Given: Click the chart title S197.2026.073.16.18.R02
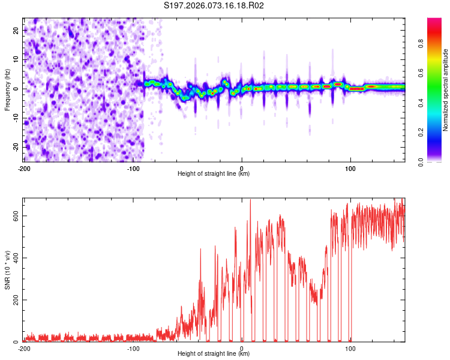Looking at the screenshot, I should [214, 5].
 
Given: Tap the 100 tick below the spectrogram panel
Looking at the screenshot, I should [351, 167].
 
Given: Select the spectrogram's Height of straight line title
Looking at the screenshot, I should [214, 173].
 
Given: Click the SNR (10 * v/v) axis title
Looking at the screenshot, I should [7, 270].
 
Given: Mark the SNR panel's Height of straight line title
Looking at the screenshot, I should [214, 355].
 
